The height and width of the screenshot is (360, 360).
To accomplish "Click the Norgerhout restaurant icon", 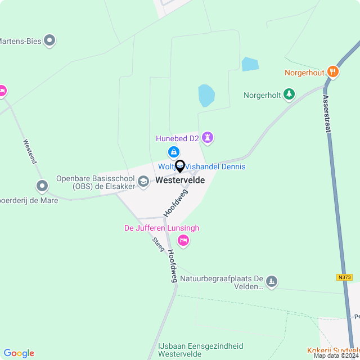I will (333, 71).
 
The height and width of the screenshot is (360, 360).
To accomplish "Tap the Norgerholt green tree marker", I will (289, 94).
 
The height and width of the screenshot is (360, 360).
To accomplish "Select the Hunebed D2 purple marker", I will (209, 138).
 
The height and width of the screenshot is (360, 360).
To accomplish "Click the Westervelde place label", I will (180, 181).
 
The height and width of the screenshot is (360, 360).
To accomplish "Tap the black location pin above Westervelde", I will (180, 166).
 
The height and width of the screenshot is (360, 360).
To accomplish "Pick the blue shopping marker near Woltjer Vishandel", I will (174, 152).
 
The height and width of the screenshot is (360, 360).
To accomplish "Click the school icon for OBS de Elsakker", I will (144, 181).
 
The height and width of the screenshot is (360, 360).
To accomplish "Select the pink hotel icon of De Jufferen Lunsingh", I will (183, 241).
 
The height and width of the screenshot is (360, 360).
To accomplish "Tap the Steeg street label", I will (157, 244).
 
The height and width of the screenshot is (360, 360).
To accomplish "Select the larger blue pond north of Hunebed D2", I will (206, 96).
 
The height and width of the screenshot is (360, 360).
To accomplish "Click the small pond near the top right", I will (250, 64).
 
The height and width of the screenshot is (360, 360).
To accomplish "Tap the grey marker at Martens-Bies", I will (50, 40).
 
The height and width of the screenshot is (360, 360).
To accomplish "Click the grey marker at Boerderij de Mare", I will (42, 186).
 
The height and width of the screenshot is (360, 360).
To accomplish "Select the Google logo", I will (19, 353).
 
